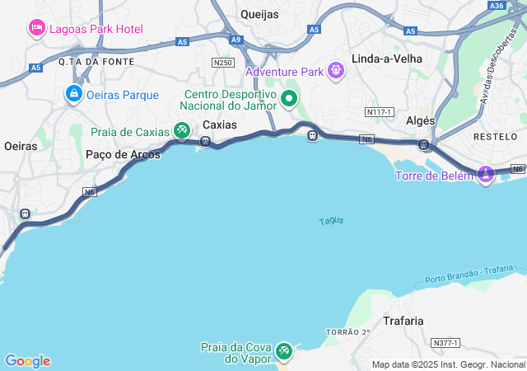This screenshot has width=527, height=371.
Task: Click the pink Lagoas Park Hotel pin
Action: click(x=37, y=29)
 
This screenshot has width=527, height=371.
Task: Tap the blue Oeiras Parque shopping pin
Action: click(x=74, y=94)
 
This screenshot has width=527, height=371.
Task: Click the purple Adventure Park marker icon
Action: click(x=335, y=72)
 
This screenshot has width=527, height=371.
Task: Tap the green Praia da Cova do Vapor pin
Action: click(x=284, y=351)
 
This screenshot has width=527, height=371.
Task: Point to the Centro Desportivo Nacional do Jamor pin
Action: click(x=289, y=100)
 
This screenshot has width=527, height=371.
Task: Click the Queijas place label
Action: click(x=259, y=14)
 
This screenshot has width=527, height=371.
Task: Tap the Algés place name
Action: click(x=421, y=120)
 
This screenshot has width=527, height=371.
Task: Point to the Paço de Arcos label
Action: click(x=117, y=154)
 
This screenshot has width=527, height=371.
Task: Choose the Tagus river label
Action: click(x=331, y=221)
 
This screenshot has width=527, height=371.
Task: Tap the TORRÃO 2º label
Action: click(x=349, y=331)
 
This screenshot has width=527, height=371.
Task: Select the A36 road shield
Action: click(x=497, y=6)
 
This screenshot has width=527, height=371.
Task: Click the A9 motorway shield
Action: click(x=236, y=40)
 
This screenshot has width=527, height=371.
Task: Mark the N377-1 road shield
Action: click(x=445, y=342)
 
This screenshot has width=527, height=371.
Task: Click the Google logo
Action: click(x=27, y=361)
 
